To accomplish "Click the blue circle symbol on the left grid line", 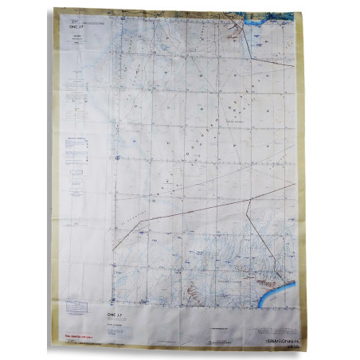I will [x=117, y=158].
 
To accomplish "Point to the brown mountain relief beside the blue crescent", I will [x=264, y=280].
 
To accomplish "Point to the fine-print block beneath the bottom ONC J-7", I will [x=119, y=323].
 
